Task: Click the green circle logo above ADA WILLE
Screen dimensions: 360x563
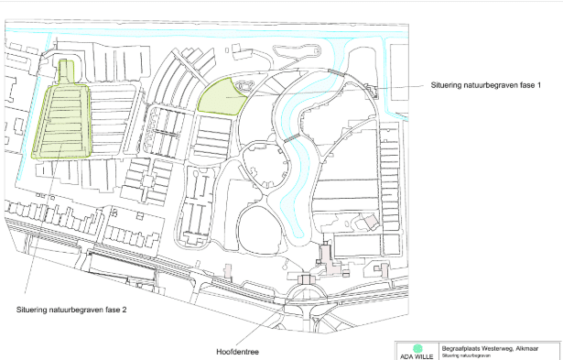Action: click(x=417, y=349)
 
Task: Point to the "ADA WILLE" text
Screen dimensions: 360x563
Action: click(x=417, y=357)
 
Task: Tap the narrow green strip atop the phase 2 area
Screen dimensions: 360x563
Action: click(x=66, y=71)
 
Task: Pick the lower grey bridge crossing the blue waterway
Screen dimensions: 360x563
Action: click(x=291, y=137)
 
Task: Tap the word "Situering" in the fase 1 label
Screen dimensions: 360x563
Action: click(x=449, y=84)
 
